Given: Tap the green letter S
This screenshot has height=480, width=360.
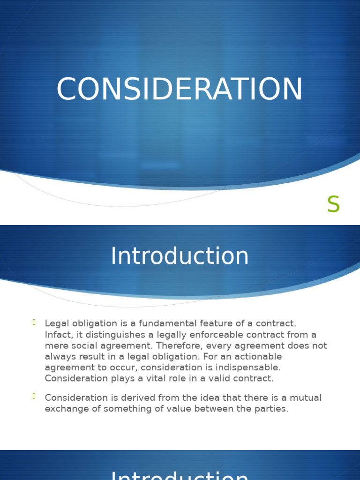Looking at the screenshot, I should point(333,205).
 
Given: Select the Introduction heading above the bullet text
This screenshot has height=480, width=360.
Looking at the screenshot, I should point(180,256).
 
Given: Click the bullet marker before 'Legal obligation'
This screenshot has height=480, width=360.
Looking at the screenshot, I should point(35,322).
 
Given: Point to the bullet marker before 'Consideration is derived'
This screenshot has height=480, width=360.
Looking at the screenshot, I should point(35,397).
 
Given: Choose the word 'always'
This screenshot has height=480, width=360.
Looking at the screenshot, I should point(59,357).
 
